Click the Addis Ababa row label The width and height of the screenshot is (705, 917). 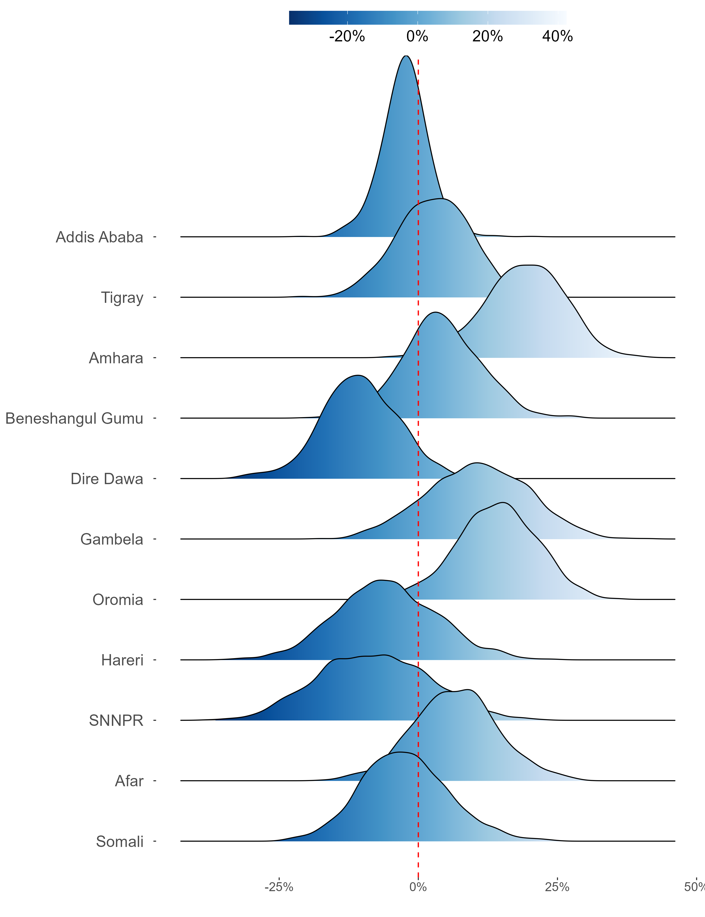(99, 237)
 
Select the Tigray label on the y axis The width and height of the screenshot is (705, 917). (122, 298)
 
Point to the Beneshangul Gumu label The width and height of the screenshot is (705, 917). (74, 419)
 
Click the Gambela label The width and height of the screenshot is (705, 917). (112, 539)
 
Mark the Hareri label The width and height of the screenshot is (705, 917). (122, 660)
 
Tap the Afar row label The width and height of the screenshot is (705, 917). (129, 781)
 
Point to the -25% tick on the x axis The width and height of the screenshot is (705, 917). (279, 887)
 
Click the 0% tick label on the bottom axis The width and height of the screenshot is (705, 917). (418, 887)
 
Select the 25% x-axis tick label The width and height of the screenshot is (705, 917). (557, 887)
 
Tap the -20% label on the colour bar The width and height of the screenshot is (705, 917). (347, 36)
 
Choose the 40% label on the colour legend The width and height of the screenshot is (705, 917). (557, 36)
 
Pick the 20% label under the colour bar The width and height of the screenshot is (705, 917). (487, 36)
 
